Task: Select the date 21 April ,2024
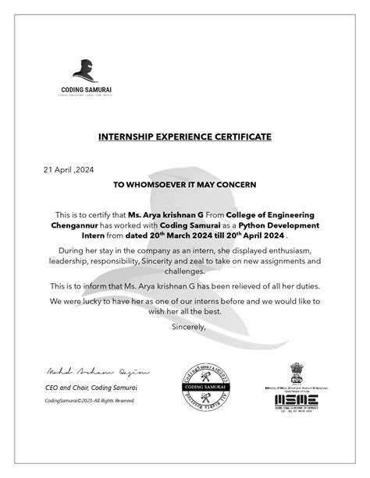click(68, 168)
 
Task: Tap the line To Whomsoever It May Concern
click(185, 185)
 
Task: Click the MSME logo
click(296, 399)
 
